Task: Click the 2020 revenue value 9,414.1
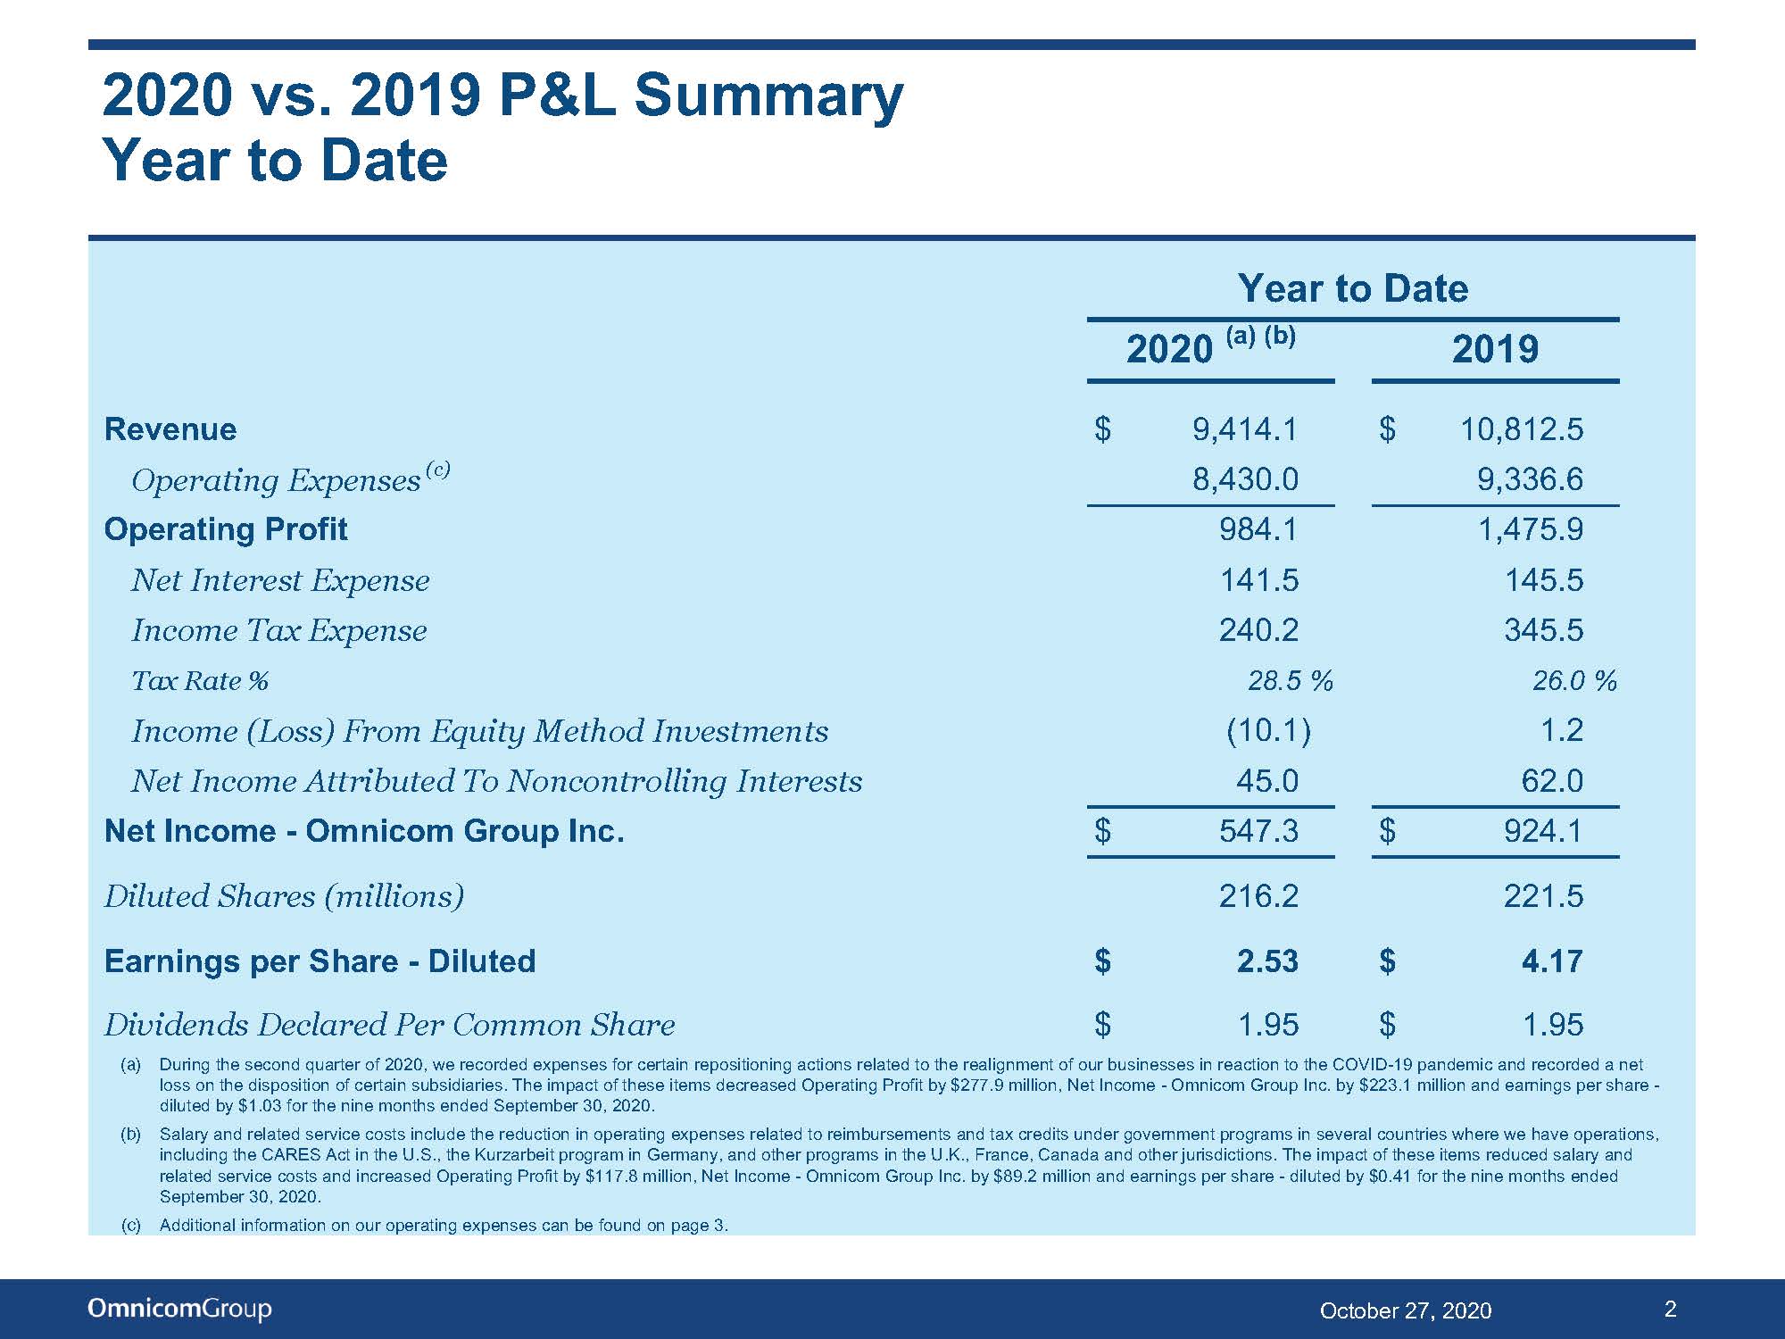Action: click(x=1245, y=429)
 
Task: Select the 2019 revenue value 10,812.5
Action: click(x=1522, y=429)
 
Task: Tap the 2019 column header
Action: click(x=1495, y=349)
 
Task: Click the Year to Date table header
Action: click(x=1352, y=288)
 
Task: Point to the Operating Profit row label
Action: click(x=226, y=529)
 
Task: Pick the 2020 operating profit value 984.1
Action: click(x=1258, y=529)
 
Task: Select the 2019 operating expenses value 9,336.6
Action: click(x=1531, y=479)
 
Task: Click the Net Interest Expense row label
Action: click(x=280, y=580)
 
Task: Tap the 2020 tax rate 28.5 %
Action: click(x=1290, y=681)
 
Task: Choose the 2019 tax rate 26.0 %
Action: click(x=1574, y=681)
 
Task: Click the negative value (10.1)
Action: click(x=1268, y=731)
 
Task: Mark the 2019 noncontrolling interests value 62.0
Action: click(x=1552, y=781)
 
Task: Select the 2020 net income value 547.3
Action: click(x=1258, y=831)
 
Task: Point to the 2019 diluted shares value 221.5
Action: click(x=1543, y=895)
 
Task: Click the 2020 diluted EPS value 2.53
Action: click(x=1267, y=961)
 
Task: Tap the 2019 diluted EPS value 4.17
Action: click(x=1552, y=961)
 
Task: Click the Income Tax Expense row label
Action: click(x=279, y=630)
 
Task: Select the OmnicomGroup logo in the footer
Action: click(x=179, y=1309)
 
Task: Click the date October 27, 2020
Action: click(x=1406, y=1310)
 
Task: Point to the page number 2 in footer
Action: click(x=1671, y=1309)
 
